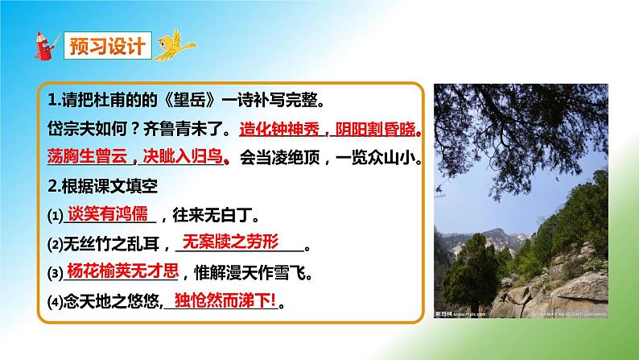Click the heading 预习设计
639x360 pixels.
105,45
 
